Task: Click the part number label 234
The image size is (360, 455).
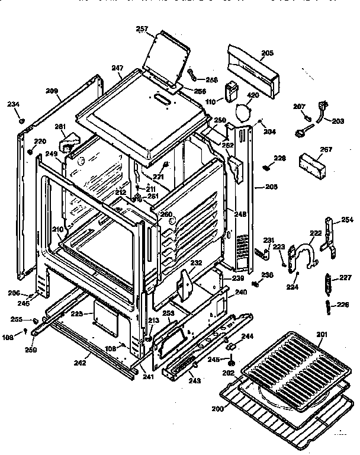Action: coord(13,104)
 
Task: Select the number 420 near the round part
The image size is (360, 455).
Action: coord(253,95)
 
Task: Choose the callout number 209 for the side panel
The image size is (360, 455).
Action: coord(52,91)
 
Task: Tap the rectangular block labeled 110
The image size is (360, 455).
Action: coord(230,94)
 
